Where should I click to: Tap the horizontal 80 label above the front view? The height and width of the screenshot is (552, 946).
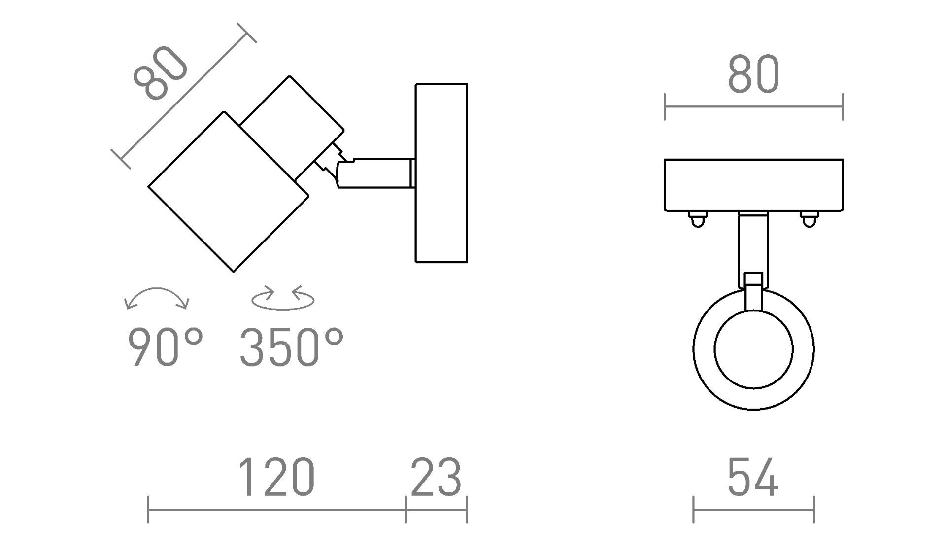[753, 74]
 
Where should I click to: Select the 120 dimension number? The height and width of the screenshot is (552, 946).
[276, 477]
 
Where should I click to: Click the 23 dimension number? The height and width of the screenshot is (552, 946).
[436, 477]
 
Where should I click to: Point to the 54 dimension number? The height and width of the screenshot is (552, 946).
[753, 477]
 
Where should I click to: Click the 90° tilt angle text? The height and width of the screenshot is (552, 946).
[166, 347]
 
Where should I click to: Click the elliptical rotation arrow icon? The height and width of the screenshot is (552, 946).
[283, 298]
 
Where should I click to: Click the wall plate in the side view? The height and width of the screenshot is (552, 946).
[441, 173]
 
